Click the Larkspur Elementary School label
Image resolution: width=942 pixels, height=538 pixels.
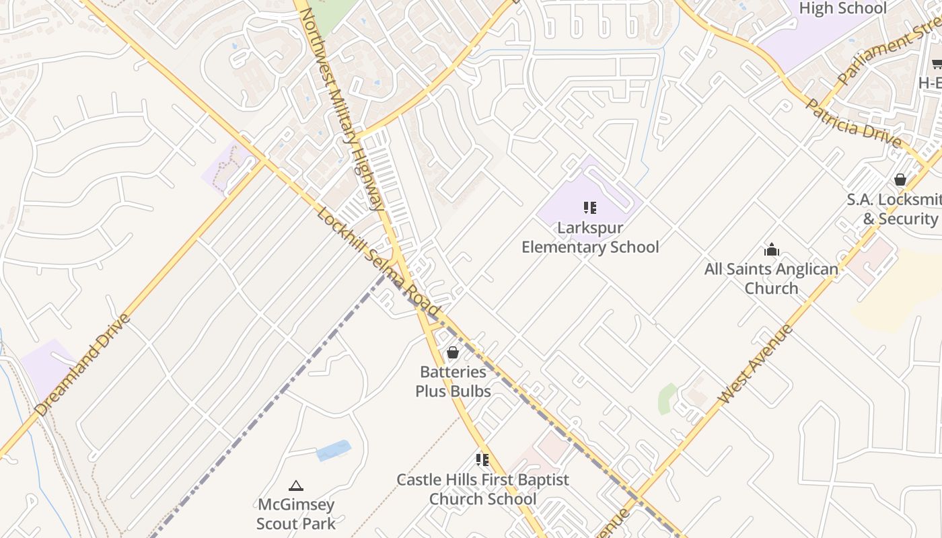tap(590, 237)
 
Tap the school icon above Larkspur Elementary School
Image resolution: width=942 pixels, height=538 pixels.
tap(590, 207)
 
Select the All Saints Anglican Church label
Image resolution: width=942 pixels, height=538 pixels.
tap(771, 278)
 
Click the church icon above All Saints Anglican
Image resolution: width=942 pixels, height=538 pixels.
tap(771, 250)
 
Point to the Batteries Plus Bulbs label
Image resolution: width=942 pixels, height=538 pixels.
tap(453, 381)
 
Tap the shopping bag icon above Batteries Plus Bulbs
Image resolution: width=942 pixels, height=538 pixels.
tap(453, 352)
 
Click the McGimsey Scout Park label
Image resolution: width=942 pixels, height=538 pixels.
tap(295, 513)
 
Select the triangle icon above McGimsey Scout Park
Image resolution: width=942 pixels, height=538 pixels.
tap(295, 486)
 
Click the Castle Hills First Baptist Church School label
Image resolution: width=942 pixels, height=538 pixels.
tap(482, 489)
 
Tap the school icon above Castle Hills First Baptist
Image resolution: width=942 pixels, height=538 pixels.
tap(482, 460)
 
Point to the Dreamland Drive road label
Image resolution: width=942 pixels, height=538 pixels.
tap(82, 364)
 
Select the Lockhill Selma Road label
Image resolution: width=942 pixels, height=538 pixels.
tap(379, 262)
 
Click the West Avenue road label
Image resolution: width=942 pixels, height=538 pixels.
tap(755, 364)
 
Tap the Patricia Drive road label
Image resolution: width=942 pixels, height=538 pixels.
tap(853, 124)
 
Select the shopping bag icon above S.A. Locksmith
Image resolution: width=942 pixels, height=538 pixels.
tap(900, 180)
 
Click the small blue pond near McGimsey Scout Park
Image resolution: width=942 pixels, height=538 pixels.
tap(334, 451)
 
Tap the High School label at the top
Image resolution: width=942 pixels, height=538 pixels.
tap(842, 8)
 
